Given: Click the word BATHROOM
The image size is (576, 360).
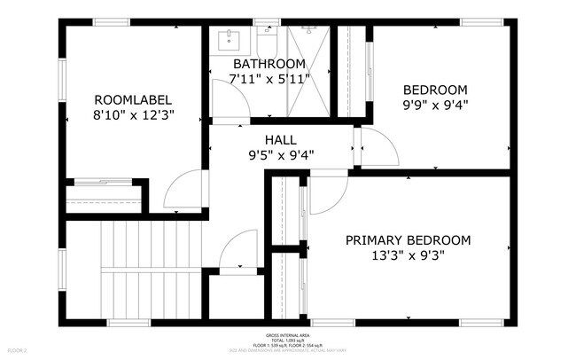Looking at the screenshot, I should (x=269, y=65).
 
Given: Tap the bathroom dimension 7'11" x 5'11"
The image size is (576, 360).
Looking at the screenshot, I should (x=269, y=80).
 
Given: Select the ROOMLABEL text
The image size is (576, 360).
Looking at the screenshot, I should (x=133, y=99).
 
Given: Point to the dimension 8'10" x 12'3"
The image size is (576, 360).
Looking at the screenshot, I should (x=133, y=114).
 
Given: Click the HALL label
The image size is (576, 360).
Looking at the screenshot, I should (x=281, y=140).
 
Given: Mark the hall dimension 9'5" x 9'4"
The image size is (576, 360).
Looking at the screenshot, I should (x=281, y=155).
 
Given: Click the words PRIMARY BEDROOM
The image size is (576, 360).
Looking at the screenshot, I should (x=408, y=240).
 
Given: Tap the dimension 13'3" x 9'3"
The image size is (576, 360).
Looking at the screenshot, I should (x=408, y=255).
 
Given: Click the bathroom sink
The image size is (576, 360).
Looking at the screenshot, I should (x=231, y=39).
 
